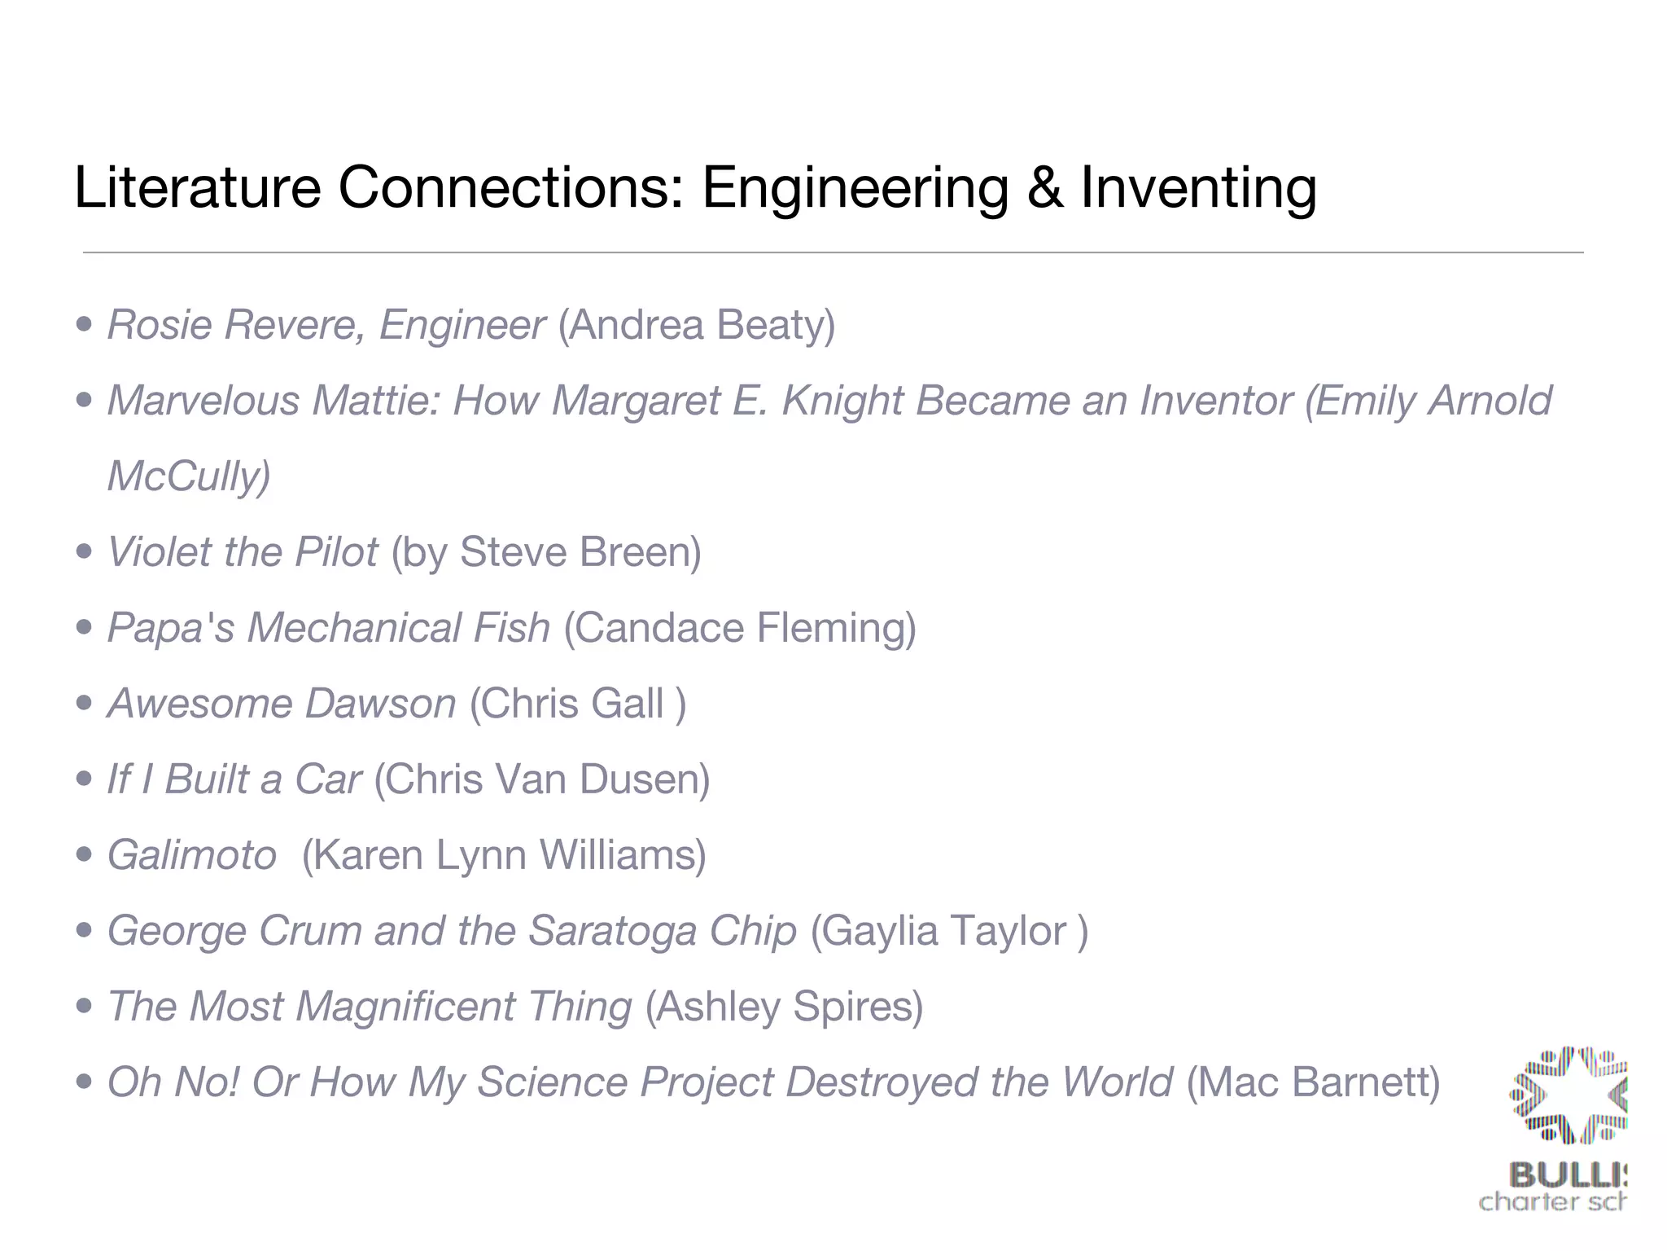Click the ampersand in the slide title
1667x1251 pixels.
[1045, 188]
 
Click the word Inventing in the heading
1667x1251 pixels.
[1198, 188]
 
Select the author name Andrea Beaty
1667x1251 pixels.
[697, 325]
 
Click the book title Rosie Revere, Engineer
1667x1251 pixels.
[326, 325]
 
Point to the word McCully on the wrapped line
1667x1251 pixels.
[187, 476]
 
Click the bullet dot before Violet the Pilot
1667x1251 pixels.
[84, 552]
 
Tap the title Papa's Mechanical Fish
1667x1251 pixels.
[329, 628]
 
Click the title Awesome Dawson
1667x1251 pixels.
[282, 704]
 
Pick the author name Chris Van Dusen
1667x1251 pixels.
[542, 779]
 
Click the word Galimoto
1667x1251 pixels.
[192, 855]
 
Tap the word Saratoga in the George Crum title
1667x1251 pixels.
[612, 931]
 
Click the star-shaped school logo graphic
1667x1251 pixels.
[1569, 1095]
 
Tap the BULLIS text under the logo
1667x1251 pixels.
[1567, 1175]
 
